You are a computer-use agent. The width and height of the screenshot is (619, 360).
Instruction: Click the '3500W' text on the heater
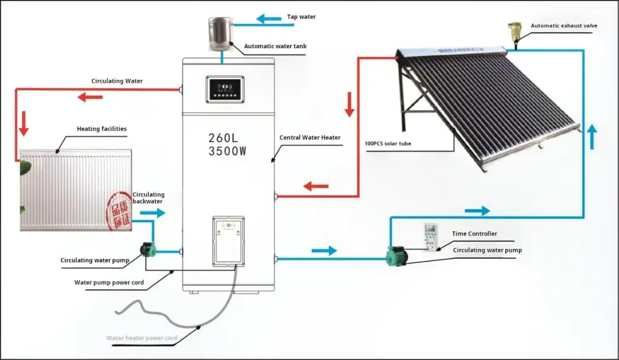coord(227,152)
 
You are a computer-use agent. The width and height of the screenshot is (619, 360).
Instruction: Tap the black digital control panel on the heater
coord(225,90)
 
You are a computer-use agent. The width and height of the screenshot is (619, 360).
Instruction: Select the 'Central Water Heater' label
coord(309,138)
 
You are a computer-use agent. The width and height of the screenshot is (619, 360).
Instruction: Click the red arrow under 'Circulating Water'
coord(90,97)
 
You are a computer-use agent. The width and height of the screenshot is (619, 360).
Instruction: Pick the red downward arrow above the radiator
coord(24,123)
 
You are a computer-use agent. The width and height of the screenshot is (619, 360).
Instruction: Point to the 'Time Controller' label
coord(475,234)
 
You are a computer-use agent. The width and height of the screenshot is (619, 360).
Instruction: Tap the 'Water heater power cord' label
coord(141,338)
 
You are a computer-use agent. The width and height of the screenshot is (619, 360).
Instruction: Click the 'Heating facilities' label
coord(102,129)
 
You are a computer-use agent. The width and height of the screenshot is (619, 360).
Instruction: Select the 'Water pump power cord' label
coord(109,282)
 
